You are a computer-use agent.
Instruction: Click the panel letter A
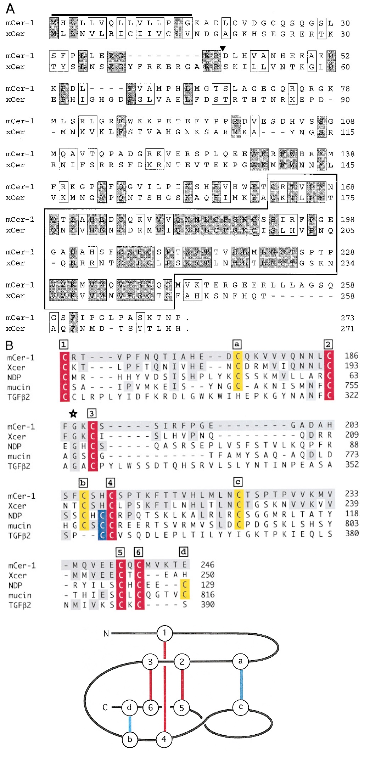point(11,8)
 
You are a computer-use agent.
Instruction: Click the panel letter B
point(10,345)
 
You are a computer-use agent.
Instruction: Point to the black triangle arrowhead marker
point(223,48)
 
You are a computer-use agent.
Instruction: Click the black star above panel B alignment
point(73,414)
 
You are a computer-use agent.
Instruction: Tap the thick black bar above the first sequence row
point(122,15)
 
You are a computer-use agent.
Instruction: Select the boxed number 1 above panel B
point(63,344)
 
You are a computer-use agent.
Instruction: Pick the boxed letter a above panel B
point(237,344)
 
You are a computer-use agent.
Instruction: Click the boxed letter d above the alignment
point(183,551)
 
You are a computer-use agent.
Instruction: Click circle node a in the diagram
point(241,661)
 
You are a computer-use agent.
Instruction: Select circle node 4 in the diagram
point(164,739)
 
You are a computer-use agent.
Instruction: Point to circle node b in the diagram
point(130,739)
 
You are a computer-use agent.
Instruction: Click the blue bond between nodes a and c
point(241,684)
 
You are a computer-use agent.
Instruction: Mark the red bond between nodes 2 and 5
point(182,684)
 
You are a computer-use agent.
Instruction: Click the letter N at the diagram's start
point(106,634)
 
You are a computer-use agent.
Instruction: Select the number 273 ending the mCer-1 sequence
point(347,318)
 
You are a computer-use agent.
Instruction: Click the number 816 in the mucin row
point(208,595)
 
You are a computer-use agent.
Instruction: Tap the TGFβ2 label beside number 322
point(19,397)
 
